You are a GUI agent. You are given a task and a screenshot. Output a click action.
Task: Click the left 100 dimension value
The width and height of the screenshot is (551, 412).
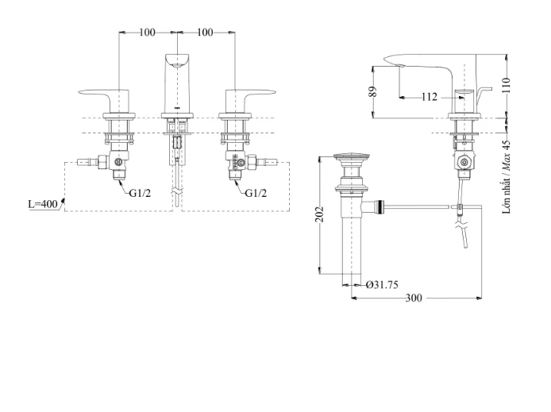(x=147, y=33)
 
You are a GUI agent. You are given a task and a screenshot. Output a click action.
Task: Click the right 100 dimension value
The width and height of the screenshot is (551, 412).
(x=205, y=33)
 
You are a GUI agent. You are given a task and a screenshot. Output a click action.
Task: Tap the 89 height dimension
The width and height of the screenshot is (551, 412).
(x=373, y=91)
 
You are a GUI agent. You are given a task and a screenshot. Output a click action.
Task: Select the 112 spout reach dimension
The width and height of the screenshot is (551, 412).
(x=430, y=97)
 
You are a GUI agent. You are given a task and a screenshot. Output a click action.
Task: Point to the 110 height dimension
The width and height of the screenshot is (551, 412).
(x=506, y=86)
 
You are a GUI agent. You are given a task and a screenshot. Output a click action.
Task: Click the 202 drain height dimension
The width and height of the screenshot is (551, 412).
(x=320, y=214)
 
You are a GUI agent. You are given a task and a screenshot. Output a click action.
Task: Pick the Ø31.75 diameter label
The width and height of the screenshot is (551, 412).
(x=382, y=284)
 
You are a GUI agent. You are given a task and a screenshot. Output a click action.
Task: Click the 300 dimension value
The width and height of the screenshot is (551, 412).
(x=414, y=298)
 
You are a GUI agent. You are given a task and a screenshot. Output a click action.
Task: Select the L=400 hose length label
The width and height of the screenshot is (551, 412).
(x=43, y=204)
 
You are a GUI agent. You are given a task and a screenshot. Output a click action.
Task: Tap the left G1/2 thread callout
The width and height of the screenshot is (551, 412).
(x=140, y=193)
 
